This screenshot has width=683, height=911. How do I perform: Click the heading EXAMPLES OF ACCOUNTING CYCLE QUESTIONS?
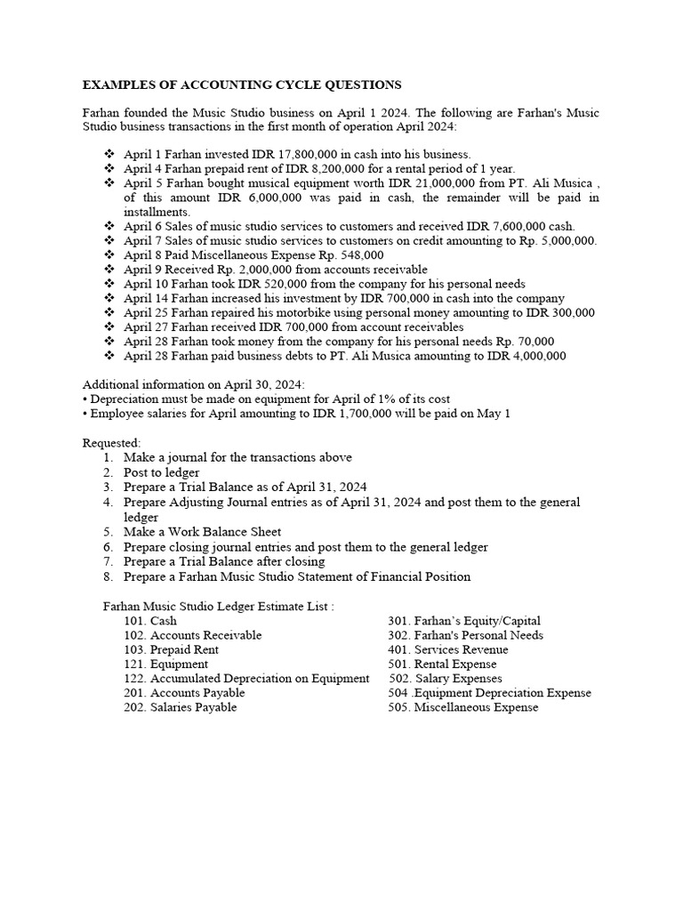pos(242,85)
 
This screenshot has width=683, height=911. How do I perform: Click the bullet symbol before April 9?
pos(109,270)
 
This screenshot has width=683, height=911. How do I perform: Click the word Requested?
pos(112,443)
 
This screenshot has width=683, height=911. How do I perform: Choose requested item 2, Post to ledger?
pos(161,472)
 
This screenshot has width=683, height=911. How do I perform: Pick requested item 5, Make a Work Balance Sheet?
pos(202,533)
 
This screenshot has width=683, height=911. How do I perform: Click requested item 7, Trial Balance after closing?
pos(224,561)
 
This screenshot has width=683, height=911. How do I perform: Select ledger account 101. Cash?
pos(150,621)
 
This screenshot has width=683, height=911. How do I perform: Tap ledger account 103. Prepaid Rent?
pos(171,649)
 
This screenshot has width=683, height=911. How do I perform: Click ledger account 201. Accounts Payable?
pos(184,693)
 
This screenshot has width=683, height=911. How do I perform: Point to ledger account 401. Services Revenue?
pos(448,649)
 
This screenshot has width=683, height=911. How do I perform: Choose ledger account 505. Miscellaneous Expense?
pos(462,707)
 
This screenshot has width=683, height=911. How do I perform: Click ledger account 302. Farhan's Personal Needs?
pos(465,635)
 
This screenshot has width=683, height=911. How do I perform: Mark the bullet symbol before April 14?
pos(109,299)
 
